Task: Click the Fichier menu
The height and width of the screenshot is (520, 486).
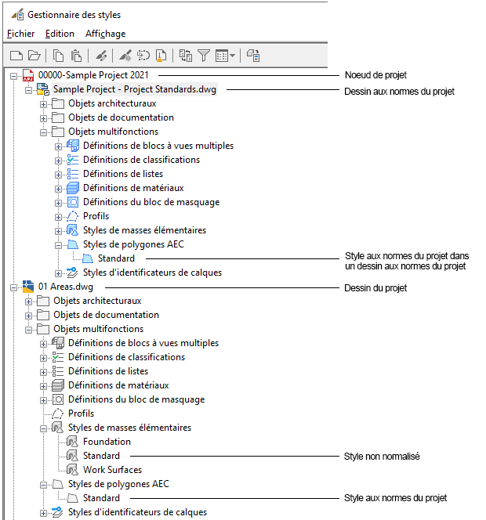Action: [x=20, y=34]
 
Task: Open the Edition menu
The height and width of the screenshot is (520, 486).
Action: [x=60, y=34]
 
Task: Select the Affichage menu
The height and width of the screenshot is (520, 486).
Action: [x=106, y=34]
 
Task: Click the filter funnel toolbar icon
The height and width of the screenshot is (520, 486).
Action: [x=204, y=56]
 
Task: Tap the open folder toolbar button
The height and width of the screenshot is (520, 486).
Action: [x=34, y=56]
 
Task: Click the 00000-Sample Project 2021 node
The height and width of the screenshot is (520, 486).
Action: [x=93, y=75]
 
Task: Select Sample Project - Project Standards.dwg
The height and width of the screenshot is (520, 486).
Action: [x=135, y=89]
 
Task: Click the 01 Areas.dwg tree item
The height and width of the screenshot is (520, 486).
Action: [x=66, y=287]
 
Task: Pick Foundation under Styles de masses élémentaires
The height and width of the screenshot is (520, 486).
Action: [x=107, y=442]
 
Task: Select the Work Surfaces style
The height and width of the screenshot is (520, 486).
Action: [x=113, y=470]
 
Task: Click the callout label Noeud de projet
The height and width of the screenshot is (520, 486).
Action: [x=375, y=75]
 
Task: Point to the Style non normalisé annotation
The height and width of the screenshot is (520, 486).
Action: [x=382, y=457]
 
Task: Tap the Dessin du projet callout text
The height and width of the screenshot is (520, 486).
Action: [x=375, y=288]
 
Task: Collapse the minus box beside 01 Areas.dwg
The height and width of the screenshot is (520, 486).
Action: [x=13, y=287]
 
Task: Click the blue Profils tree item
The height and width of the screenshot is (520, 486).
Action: [x=96, y=216]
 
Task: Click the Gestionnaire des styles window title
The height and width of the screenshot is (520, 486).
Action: [x=74, y=15]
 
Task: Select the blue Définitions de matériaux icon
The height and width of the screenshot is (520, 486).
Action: [x=73, y=188]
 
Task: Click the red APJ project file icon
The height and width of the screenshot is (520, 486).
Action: [x=28, y=75]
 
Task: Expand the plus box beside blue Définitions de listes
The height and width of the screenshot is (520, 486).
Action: [x=59, y=175]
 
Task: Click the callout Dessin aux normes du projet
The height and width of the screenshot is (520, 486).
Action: [x=399, y=92]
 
